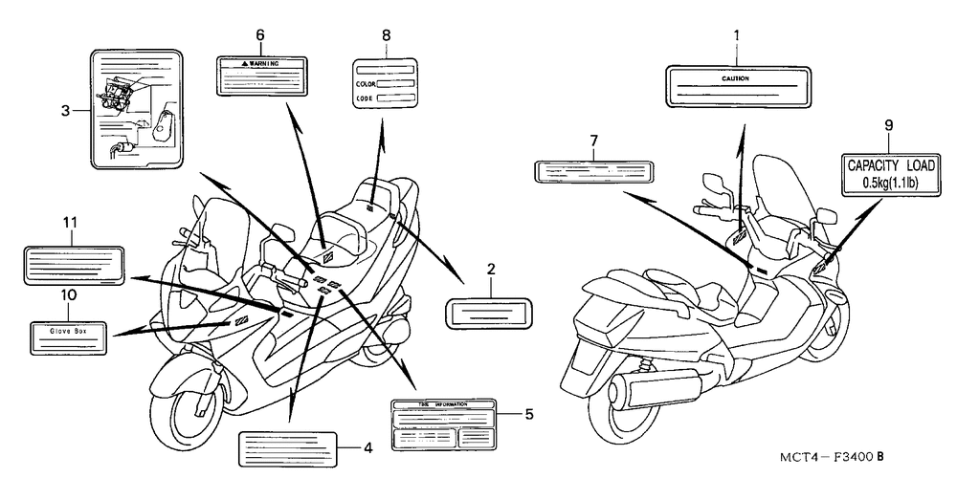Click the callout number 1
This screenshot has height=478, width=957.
point(736,37)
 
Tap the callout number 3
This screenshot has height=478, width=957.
point(65,111)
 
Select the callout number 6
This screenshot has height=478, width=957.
point(259,35)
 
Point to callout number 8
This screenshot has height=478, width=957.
point(386,35)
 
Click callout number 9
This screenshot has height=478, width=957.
point(887,124)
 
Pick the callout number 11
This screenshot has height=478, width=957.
point(70,222)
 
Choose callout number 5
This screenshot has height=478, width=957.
point(528,414)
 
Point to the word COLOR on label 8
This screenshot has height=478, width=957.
point(365,84)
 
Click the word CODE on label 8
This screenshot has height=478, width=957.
point(364,98)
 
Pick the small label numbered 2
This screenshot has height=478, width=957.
point(489,312)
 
